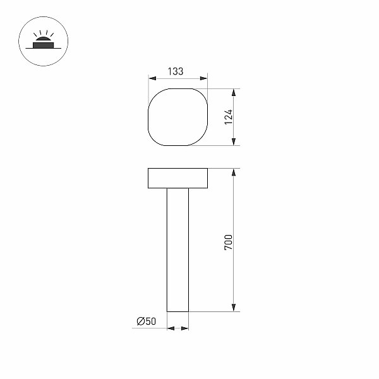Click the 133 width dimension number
(x=176, y=71)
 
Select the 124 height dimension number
(x=229, y=117)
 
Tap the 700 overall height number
(x=229, y=242)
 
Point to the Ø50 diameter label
(x=147, y=321)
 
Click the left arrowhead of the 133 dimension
(x=152, y=78)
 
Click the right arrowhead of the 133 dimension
(x=204, y=78)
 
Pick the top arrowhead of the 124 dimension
(x=234, y=93)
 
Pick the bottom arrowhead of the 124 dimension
(x=234, y=142)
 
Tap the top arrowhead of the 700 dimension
(x=234, y=172)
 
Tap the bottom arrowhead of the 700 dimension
(x=234, y=308)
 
